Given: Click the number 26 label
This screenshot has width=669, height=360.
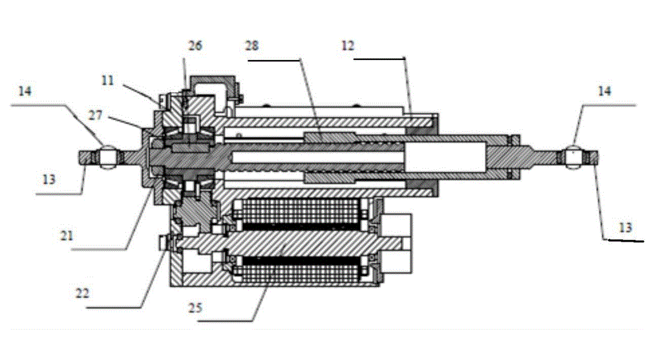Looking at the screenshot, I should (195, 46).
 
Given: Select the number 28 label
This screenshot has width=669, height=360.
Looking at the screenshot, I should (253, 46).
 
